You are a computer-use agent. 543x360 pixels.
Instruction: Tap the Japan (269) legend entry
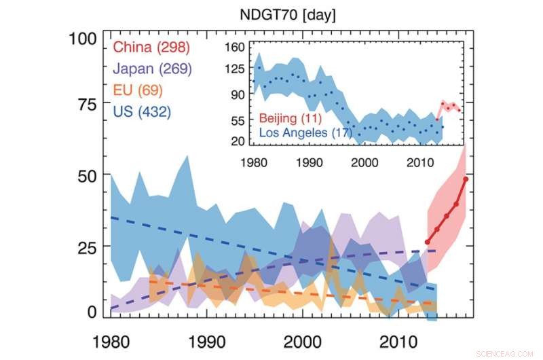(153, 69)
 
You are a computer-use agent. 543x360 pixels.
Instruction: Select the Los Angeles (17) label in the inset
(305, 132)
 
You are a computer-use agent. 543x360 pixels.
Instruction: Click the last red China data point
(466, 179)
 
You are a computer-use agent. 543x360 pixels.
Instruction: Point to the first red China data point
(427, 242)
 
